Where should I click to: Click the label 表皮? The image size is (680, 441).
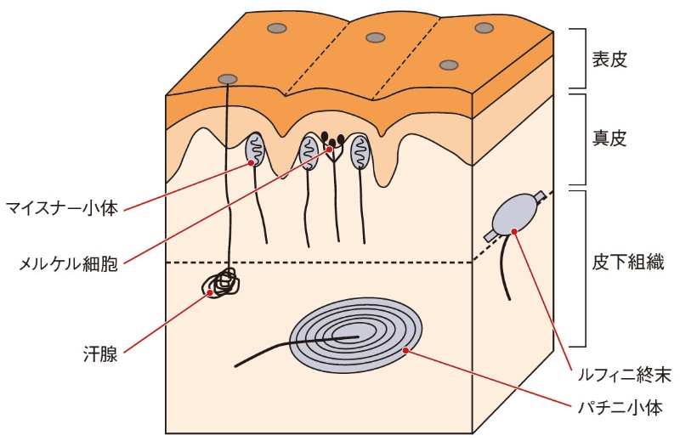[609, 59]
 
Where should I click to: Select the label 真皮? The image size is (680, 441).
[609, 139]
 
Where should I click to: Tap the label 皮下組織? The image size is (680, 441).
[628, 263]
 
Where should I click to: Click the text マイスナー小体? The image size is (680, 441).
[62, 208]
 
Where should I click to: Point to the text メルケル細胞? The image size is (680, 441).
[68, 263]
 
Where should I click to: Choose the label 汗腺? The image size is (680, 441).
[100, 354]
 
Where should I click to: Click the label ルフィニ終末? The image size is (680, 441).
[625, 374]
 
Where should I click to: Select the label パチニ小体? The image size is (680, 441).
[620, 408]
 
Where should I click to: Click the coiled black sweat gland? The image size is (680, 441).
[221, 282]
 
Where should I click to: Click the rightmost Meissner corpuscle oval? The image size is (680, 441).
[360, 152]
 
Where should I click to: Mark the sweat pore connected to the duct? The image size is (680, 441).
[228, 79]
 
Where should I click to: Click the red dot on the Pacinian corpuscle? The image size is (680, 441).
[406, 350]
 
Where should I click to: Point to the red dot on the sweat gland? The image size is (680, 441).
[210, 292]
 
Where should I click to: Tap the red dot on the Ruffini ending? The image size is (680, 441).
[514, 231]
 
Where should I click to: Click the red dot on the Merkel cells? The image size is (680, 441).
[330, 149]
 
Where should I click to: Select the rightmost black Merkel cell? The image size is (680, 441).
[341, 139]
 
